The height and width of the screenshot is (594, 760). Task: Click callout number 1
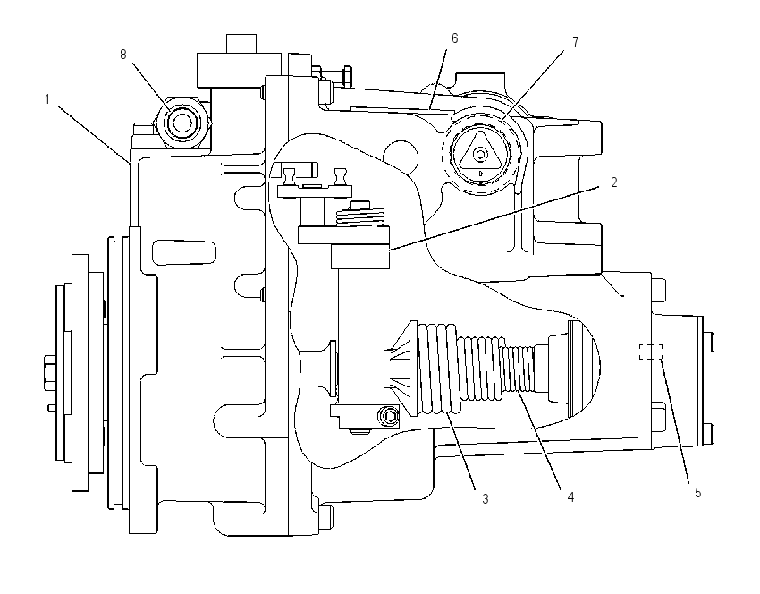click(x=47, y=99)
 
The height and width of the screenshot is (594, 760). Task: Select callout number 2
click(x=614, y=182)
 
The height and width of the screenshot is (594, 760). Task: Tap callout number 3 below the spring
click(x=486, y=498)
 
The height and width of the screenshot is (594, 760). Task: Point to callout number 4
click(x=570, y=497)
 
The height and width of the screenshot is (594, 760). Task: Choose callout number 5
click(x=698, y=493)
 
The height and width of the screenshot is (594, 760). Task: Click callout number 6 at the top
click(x=454, y=38)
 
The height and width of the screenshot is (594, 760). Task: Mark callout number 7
click(x=576, y=42)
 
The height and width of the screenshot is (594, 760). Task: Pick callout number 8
click(x=123, y=55)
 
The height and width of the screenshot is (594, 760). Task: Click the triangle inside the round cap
click(x=480, y=151)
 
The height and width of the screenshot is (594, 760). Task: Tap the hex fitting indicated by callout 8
click(x=182, y=123)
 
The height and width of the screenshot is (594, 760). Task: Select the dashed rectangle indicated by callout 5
click(x=651, y=352)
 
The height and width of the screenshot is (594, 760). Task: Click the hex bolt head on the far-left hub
click(x=50, y=373)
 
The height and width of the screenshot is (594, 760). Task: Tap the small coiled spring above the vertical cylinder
click(x=360, y=214)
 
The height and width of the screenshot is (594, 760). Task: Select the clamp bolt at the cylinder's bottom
click(x=388, y=417)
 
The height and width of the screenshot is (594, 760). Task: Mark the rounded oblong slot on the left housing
click(x=184, y=251)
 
